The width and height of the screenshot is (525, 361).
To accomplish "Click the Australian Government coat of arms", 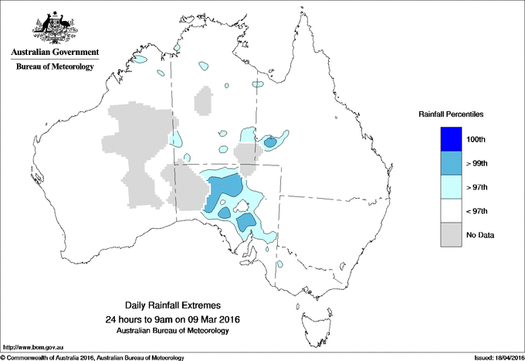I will [x=54, y=26].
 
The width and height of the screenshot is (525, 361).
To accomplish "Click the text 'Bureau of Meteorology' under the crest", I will [x=54, y=67].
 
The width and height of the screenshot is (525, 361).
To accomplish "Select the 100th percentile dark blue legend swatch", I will [x=451, y=139].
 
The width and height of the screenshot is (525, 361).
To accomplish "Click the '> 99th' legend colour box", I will [x=451, y=163].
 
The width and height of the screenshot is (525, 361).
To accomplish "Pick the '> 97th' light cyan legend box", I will [x=451, y=187].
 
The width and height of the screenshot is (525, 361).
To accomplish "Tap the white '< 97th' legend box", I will [x=451, y=211].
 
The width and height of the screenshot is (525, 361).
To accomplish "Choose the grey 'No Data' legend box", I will [x=451, y=235].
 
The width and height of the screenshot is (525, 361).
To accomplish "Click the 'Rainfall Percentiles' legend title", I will [x=451, y=114].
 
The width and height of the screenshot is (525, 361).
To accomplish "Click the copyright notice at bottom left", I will [x=92, y=357].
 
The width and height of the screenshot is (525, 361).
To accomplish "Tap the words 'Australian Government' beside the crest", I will [x=54, y=53].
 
